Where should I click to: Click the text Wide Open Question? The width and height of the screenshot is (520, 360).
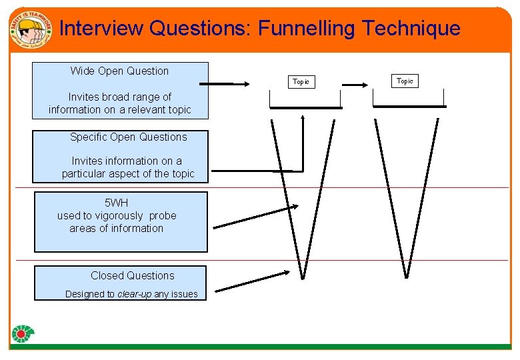tap(119, 71)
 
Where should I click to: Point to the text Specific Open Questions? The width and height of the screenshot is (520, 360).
tap(129, 137)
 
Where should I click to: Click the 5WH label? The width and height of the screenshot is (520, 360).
tap(117, 203)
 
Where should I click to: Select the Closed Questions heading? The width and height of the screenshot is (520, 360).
tap(133, 275)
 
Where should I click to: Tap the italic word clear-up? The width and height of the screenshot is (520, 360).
tap(134, 294)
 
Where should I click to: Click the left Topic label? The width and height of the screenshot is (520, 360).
tap(301, 81)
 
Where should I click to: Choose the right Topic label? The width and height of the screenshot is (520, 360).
tap(405, 81)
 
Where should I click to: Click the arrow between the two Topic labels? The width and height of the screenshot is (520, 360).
tap(356, 85)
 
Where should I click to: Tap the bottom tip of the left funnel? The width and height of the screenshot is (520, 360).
tap(303, 277)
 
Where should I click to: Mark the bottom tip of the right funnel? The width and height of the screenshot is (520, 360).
tap(407, 275)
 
